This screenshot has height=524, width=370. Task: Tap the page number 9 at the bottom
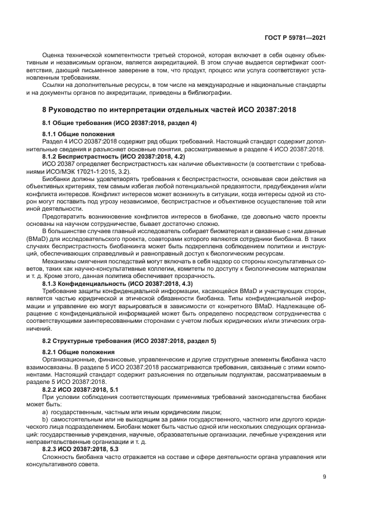click(x=325, y=477)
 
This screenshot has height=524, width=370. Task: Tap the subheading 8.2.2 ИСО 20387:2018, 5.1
click(x=80, y=388)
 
